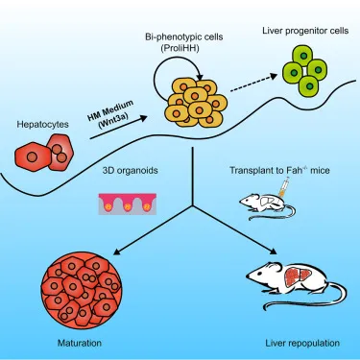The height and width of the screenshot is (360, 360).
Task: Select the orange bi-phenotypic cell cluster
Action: (196, 105)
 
